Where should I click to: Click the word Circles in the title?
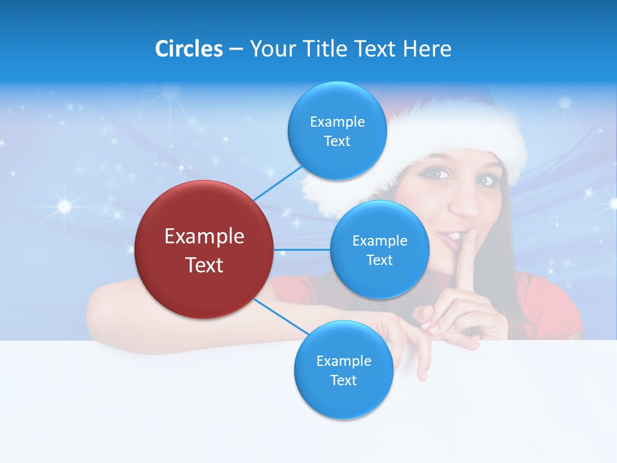pyautogui.click(x=188, y=49)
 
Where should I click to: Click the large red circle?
pyautogui.click(x=204, y=250)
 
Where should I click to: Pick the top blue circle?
pyautogui.click(x=337, y=131)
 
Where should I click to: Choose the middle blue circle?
pyautogui.click(x=379, y=250)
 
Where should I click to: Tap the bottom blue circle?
pyautogui.click(x=343, y=370)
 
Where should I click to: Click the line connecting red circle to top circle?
pyautogui.click(x=278, y=183)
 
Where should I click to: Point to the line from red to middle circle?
pyautogui.click(x=301, y=250)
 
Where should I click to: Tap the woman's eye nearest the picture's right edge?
pyautogui.click(x=485, y=181)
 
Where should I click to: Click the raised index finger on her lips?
pyautogui.click(x=464, y=257)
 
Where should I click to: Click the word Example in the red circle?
pyautogui.click(x=204, y=237)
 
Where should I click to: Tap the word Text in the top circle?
pyautogui.click(x=337, y=141)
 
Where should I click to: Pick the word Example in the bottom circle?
pyautogui.click(x=343, y=361)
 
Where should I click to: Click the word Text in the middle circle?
pyautogui.click(x=379, y=260)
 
